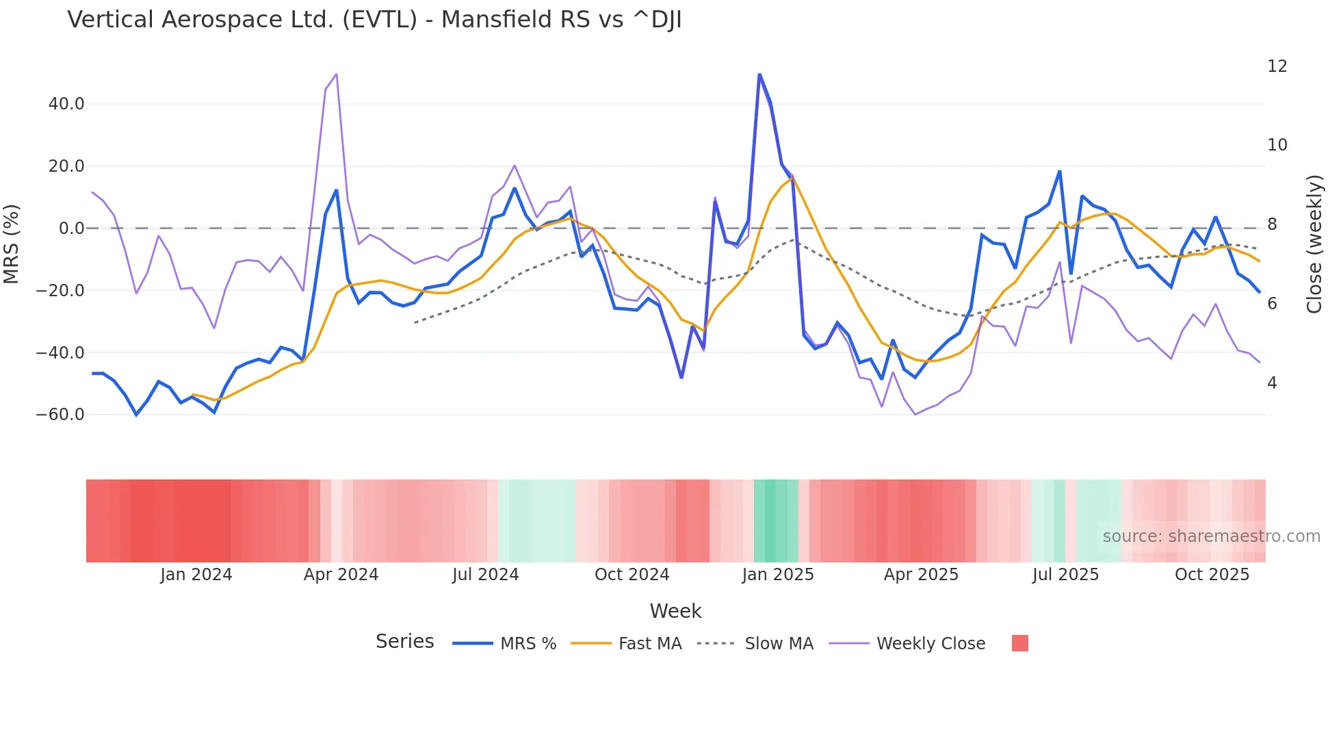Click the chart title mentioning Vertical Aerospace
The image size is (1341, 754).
pyautogui.click(x=374, y=20)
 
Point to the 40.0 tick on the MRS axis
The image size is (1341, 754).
pyautogui.click(x=66, y=104)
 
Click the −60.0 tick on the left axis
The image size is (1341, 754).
pyautogui.click(x=60, y=415)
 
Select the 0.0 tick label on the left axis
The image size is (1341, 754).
pyautogui.click(x=71, y=229)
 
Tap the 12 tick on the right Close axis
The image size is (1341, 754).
pyautogui.click(x=1277, y=66)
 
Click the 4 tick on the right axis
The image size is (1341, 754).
pyautogui.click(x=1272, y=383)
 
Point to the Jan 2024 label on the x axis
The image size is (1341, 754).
pyautogui.click(x=196, y=575)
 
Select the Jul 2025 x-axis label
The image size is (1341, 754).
pyautogui.click(x=1065, y=575)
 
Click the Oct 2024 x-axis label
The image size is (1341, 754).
pyautogui.click(x=632, y=575)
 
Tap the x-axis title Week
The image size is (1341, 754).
pyautogui.click(x=675, y=611)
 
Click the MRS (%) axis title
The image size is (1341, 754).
pyautogui.click(x=12, y=244)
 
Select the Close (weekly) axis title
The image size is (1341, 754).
pyautogui.click(x=1314, y=244)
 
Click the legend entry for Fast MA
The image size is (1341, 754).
pyautogui.click(x=649, y=644)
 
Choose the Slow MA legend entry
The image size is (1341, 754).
pyautogui.click(x=779, y=644)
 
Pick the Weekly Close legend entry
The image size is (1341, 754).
pyautogui.click(x=930, y=644)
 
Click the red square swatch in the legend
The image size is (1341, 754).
pyautogui.click(x=1019, y=643)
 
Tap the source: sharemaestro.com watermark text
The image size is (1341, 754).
pyautogui.click(x=1211, y=536)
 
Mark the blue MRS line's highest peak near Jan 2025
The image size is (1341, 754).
pyautogui.click(x=759, y=75)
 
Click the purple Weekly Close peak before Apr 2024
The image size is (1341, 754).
pyautogui.click(x=336, y=75)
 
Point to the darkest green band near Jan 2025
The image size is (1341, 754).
pyautogui.click(x=770, y=521)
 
